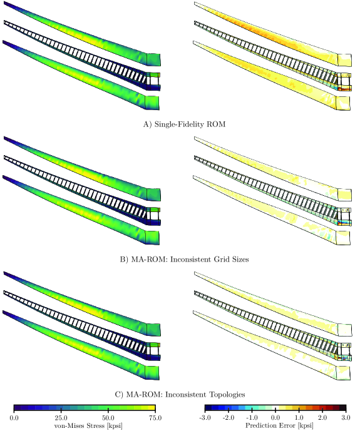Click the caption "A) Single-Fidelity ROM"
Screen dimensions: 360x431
click(184, 124)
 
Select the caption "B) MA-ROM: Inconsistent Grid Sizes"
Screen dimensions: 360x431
click(184, 260)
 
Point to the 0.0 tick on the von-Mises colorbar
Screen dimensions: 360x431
click(14, 418)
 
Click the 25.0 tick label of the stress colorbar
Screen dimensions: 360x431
click(61, 418)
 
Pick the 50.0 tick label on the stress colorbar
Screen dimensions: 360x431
click(108, 418)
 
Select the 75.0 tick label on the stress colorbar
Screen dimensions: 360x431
click(155, 418)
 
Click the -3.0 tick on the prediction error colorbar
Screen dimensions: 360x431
click(205, 418)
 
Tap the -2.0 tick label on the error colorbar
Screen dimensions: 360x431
click(229, 418)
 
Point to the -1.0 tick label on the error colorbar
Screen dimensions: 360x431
click(252, 418)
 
